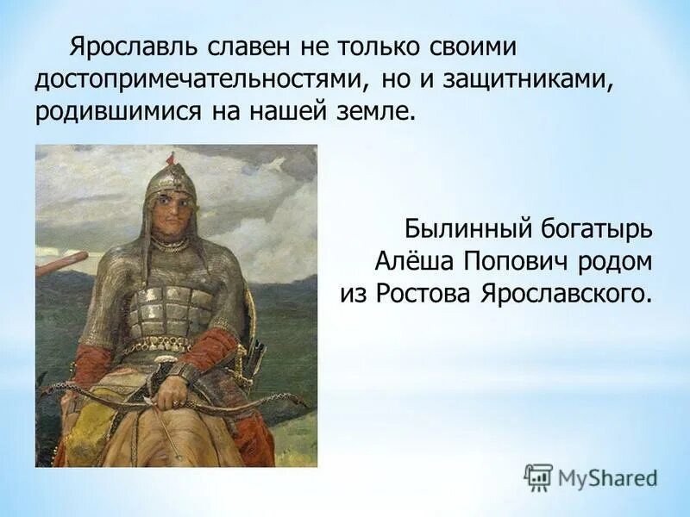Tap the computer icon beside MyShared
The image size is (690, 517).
pos(538,477)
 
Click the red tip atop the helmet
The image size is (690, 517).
pos(171,157)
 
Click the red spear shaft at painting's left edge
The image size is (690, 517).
pos(60,263)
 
